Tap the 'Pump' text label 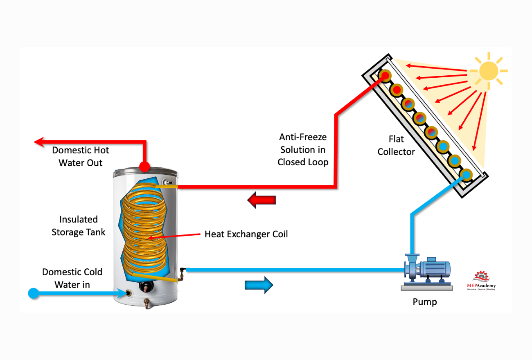(424, 302)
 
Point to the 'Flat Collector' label (396, 146)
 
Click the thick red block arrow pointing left (261, 200)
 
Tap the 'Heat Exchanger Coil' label (246, 234)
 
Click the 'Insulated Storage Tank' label (78, 226)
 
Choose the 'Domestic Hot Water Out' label (80, 156)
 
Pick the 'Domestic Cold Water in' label (72, 278)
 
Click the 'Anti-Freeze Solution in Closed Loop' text (303, 149)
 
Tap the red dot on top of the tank (144, 166)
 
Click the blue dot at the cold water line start (33, 293)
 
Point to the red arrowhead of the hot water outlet (39, 142)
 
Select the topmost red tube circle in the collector (385, 76)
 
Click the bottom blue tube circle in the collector (466, 175)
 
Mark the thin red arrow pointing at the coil (172, 236)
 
